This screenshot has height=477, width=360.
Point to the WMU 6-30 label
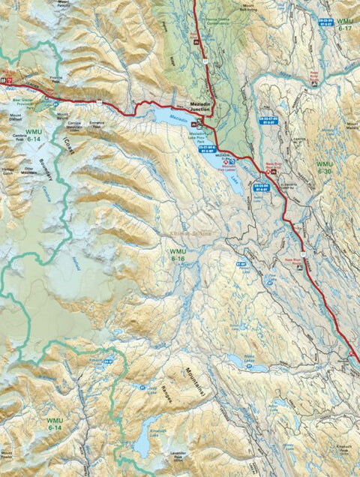click(x=324, y=167)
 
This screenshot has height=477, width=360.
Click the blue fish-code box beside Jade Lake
click(x=141, y=388)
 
